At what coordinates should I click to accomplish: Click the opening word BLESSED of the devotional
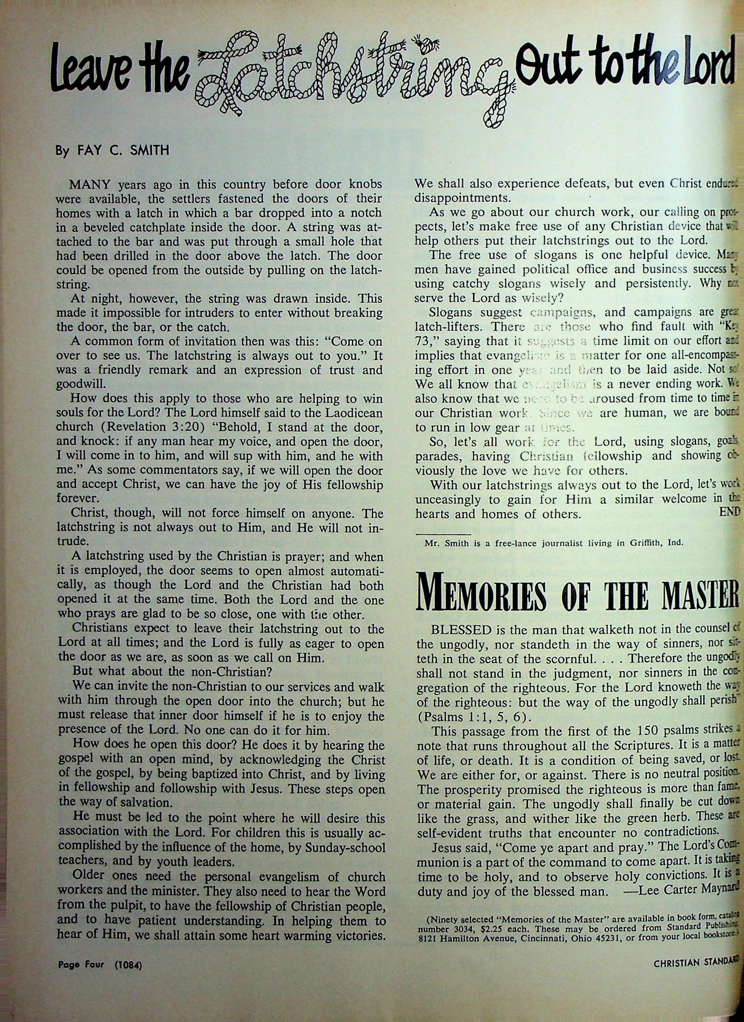pos(461,629)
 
